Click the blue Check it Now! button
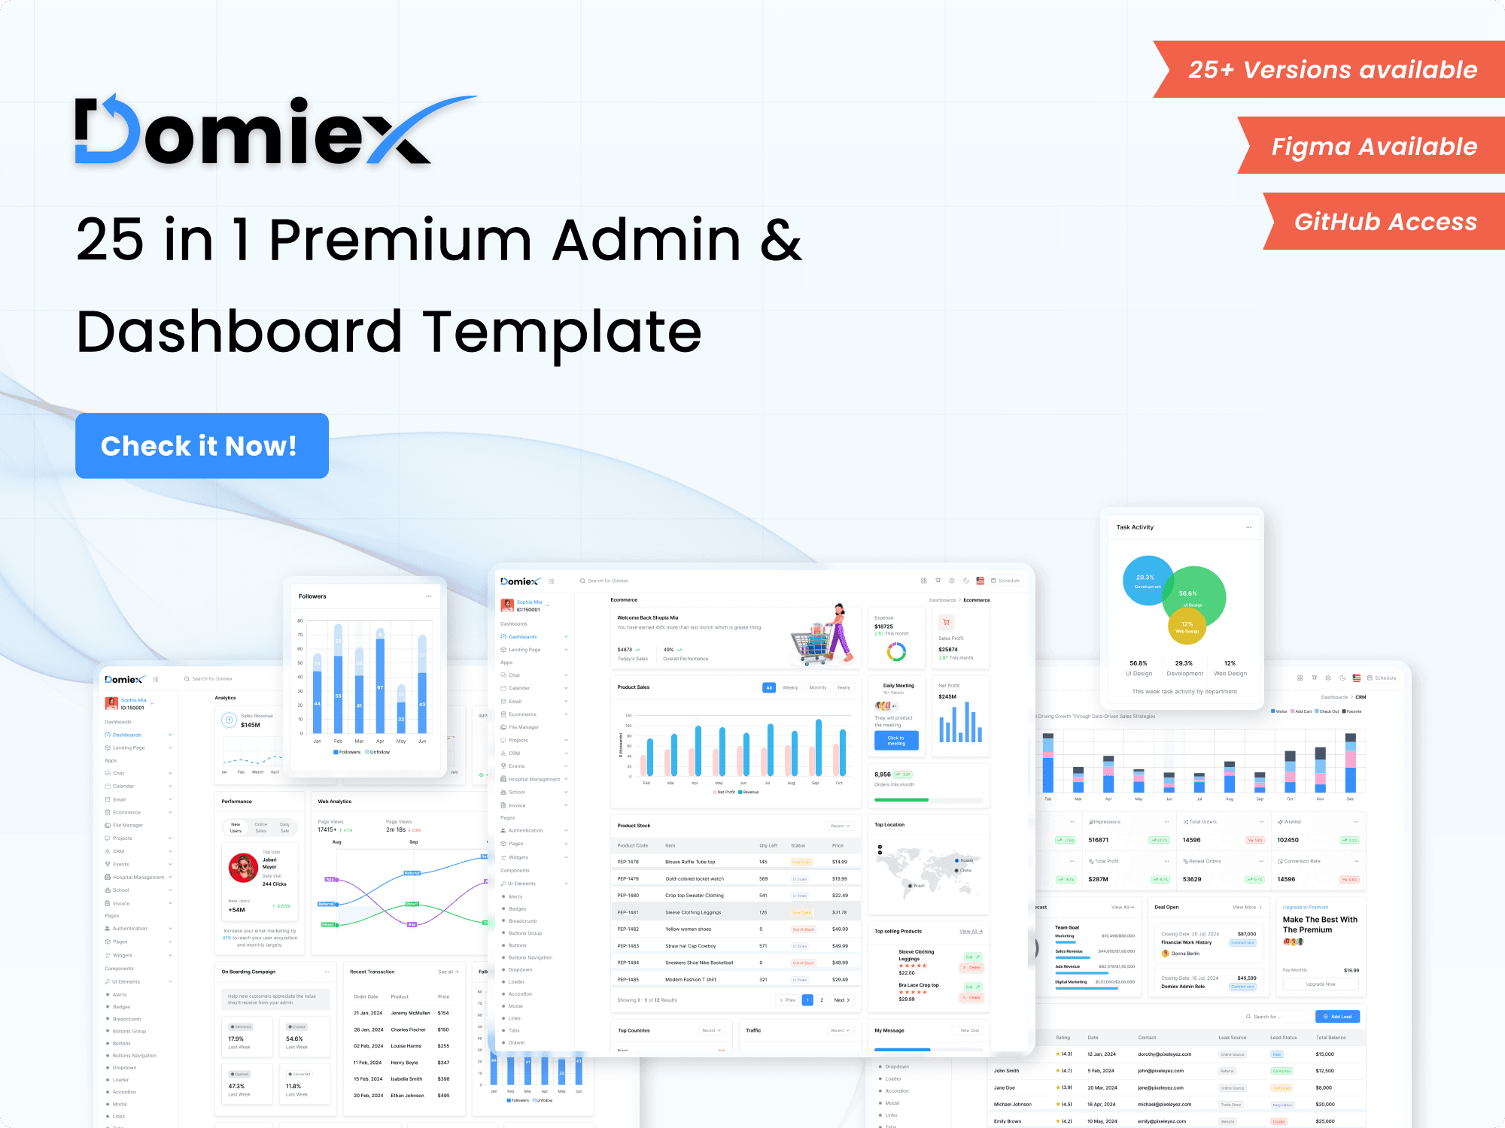coord(202,446)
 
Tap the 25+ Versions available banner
coord(1332,70)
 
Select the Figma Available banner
coord(1373,146)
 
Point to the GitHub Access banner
coord(1385,222)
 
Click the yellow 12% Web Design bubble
coord(1187,626)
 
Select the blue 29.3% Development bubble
coord(1147,580)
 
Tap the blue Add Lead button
coord(1337,1017)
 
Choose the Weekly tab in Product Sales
coord(790,687)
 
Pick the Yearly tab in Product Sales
coord(844,687)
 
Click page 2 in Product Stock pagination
coord(822,1000)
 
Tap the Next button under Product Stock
coord(841,1000)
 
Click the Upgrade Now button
coord(1321,984)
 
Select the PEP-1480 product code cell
coord(628,896)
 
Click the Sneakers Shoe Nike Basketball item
coord(698,963)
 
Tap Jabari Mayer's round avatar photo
coord(243,868)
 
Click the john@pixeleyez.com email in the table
coord(1160,1071)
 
